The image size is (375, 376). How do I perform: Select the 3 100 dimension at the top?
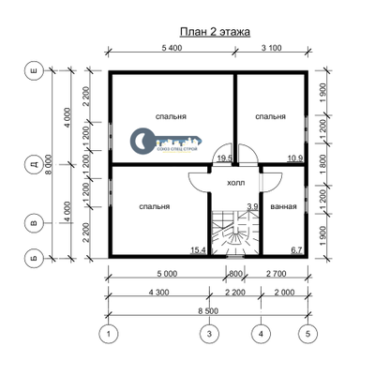(270, 47)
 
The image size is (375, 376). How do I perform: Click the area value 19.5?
(224, 159)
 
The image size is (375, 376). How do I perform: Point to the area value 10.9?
(294, 159)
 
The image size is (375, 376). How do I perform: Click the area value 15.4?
(197, 250)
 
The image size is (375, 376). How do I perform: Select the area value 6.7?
(295, 250)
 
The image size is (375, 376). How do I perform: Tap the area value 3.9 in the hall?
(250, 206)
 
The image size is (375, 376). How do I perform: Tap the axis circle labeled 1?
(109, 333)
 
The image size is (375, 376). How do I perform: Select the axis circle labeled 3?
(211, 333)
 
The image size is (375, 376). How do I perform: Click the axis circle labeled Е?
(35, 71)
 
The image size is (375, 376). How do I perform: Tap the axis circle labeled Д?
(35, 165)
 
